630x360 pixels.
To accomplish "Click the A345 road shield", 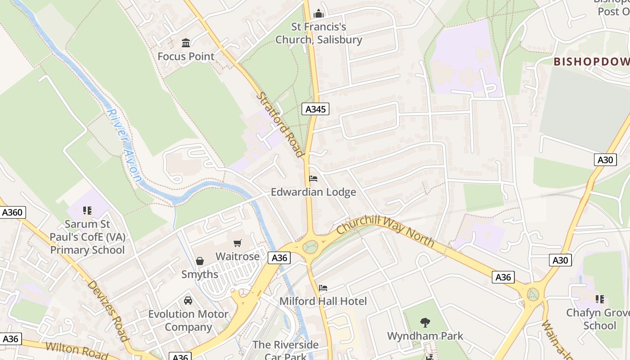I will (315, 109).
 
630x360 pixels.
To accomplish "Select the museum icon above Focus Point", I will (186, 43).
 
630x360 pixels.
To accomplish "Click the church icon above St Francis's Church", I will (319, 13).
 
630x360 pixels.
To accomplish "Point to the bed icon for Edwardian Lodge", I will (313, 179).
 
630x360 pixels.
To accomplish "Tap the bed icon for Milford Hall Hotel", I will (323, 288).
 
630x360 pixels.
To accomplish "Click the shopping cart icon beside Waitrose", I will (238, 243).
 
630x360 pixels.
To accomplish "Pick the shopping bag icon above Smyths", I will (200, 261).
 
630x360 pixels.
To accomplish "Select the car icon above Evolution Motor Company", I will (188, 300).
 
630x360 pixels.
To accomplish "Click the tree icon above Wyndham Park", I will (425, 322).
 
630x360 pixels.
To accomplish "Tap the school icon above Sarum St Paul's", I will (87, 210).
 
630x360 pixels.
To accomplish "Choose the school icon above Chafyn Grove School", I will (599, 299).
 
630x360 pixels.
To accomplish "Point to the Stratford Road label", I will (280, 125).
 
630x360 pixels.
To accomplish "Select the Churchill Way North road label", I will (385, 230).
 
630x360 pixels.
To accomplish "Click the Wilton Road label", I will (76, 350).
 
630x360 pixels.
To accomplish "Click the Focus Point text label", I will (186, 57).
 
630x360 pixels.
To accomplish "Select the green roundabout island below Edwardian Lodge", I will (310, 247).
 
